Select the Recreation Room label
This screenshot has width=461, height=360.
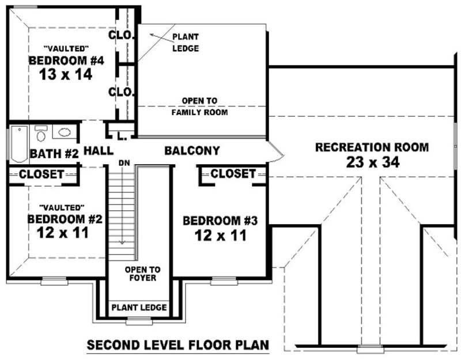pyautogui.click(x=372, y=147)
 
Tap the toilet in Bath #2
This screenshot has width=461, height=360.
pyautogui.click(x=41, y=134)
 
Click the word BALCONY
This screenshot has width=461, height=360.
pyautogui.click(x=192, y=151)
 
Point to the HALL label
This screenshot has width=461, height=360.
pyautogui.click(x=98, y=151)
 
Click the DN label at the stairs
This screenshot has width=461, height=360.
pyautogui.click(x=123, y=163)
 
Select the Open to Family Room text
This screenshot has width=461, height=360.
pyautogui.click(x=199, y=107)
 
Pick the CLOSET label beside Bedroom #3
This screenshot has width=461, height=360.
pyautogui.click(x=233, y=173)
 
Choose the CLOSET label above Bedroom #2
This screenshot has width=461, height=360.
pyautogui.click(x=41, y=174)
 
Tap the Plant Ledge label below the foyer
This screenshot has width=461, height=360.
pyautogui.click(x=139, y=307)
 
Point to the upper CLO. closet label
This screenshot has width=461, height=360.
pyautogui.click(x=122, y=35)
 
